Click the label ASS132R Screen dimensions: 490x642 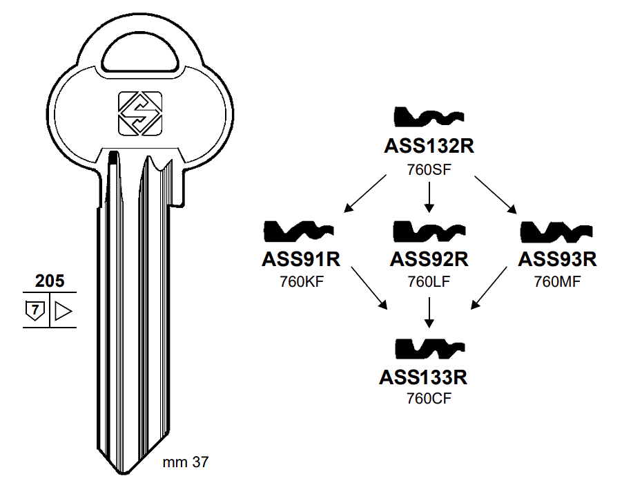coord(429,147)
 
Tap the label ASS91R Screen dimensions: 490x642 coord(301,259)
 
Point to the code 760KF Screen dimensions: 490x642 coord(301,281)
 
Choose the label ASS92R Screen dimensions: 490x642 coord(429,259)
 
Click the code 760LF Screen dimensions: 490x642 coord(429,281)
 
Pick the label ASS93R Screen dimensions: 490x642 coord(557,259)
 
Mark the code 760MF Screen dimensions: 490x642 coord(557,281)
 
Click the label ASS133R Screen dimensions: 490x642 coord(423,377)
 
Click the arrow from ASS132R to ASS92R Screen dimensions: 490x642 coord(429,198)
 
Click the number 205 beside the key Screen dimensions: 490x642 coord(50,280)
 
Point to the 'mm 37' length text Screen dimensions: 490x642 coord(185,463)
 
